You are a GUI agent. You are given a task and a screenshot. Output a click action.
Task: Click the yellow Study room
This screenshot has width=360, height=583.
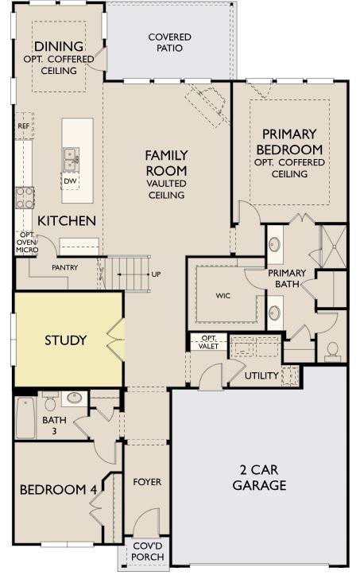click(66, 340)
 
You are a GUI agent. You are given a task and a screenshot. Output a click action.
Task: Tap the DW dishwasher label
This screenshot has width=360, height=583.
click(71, 180)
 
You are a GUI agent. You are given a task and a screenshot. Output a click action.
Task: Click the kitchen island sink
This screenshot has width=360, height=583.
click(71, 157)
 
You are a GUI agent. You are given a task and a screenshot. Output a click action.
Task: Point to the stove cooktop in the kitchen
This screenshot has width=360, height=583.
click(24, 196)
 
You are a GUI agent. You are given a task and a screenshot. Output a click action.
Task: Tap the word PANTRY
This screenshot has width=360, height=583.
click(65, 267)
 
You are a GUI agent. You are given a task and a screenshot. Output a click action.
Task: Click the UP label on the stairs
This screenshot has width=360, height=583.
click(156, 274)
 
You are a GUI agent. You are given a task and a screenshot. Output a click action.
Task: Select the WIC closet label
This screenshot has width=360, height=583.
click(223, 295)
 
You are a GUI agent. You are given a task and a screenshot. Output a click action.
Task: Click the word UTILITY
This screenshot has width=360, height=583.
click(261, 375)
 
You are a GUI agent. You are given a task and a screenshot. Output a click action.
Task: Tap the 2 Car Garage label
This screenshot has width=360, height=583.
click(259, 477)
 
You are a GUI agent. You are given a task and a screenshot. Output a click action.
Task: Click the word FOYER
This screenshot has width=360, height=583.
click(147, 482)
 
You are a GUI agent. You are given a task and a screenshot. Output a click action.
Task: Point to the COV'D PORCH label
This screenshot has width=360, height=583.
click(148, 551)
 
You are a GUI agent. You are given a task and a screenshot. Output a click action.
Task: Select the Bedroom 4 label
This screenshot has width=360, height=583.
click(58, 490)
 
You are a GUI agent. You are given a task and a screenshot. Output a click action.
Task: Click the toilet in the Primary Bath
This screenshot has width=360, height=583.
click(331, 350)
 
